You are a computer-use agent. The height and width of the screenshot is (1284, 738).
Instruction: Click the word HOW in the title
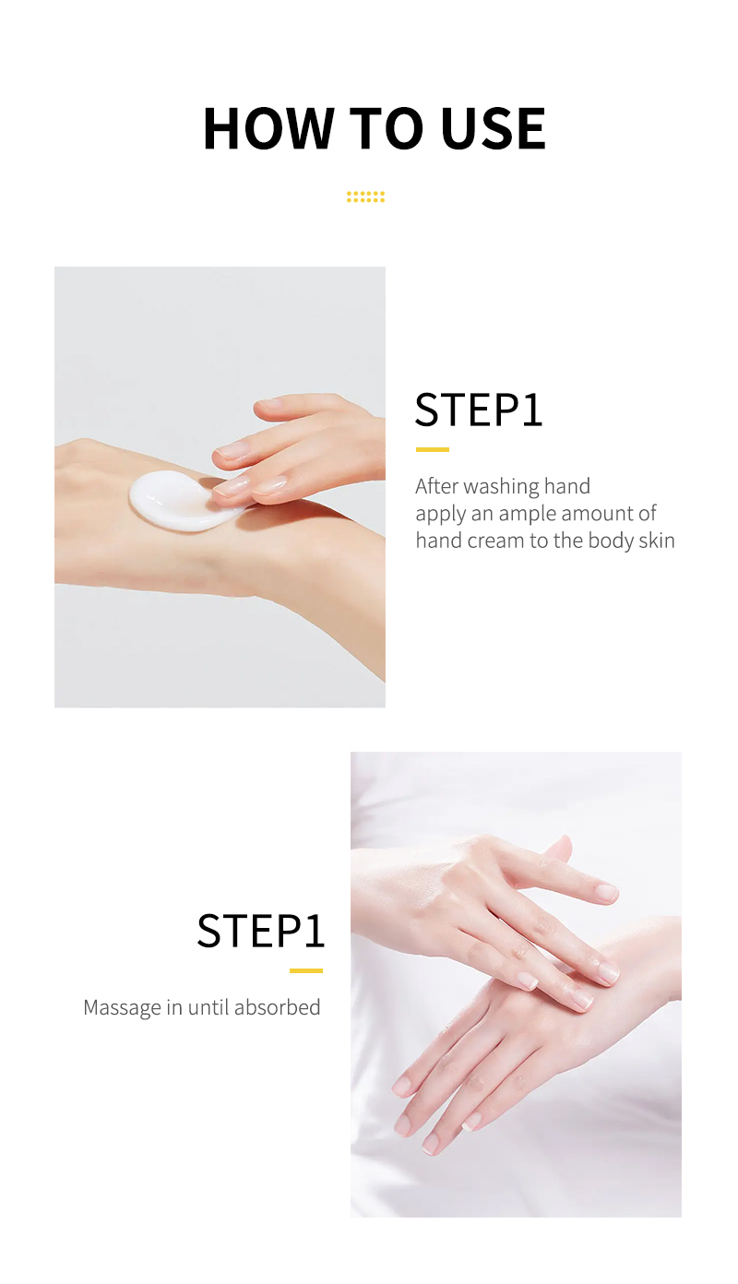pyautogui.click(x=268, y=128)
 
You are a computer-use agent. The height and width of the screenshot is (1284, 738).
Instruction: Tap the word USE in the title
pyautogui.click(x=494, y=128)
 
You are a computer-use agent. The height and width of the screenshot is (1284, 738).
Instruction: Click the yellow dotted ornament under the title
pyautogui.click(x=365, y=196)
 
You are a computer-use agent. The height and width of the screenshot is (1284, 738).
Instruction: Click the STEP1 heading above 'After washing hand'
pyautogui.click(x=479, y=410)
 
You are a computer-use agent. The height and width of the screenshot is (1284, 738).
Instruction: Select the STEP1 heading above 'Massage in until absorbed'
pyautogui.click(x=261, y=931)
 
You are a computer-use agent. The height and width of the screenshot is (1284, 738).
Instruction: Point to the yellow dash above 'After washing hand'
pyautogui.click(x=432, y=449)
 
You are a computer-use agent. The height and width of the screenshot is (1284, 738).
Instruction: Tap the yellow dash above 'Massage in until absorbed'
pyautogui.click(x=305, y=970)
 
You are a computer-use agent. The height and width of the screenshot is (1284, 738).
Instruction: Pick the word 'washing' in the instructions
pyautogui.click(x=503, y=486)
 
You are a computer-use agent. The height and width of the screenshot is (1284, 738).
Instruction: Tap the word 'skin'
pyautogui.click(x=657, y=541)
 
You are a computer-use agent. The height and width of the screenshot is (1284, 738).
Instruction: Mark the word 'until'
pyautogui.click(x=208, y=1007)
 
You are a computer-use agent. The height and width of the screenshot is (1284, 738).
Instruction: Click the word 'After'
pyautogui.click(x=436, y=486)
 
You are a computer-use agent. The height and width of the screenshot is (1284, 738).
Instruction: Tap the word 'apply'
pyautogui.click(x=439, y=515)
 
